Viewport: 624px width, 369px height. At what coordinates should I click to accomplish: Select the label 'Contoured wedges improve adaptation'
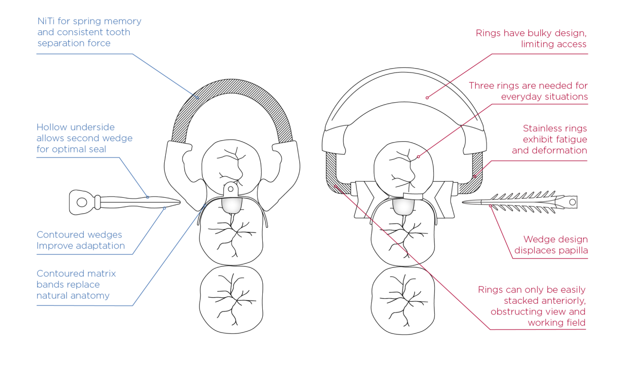(x=80, y=240)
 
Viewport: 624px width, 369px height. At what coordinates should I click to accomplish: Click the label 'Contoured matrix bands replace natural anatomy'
(x=77, y=284)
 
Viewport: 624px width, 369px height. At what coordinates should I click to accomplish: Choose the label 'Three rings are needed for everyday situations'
(x=528, y=91)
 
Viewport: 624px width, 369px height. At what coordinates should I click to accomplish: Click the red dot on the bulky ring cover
(x=427, y=98)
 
